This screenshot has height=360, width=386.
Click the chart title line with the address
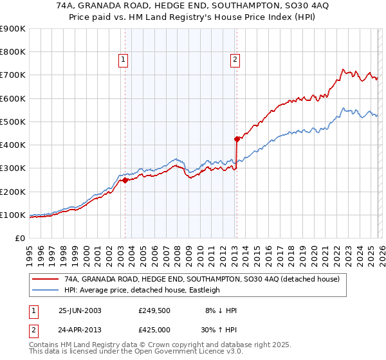[x=192, y=6]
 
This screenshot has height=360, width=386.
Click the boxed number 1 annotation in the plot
[x=124, y=60]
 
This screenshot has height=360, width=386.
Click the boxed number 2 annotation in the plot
[x=235, y=60]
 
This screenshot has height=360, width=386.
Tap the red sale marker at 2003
[x=125, y=181]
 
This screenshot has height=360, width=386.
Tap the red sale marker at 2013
[x=237, y=139]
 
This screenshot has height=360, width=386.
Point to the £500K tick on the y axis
[x=13, y=122]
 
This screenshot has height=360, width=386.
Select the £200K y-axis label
[x=13, y=192]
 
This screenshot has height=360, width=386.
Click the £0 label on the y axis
[x=19, y=238]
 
